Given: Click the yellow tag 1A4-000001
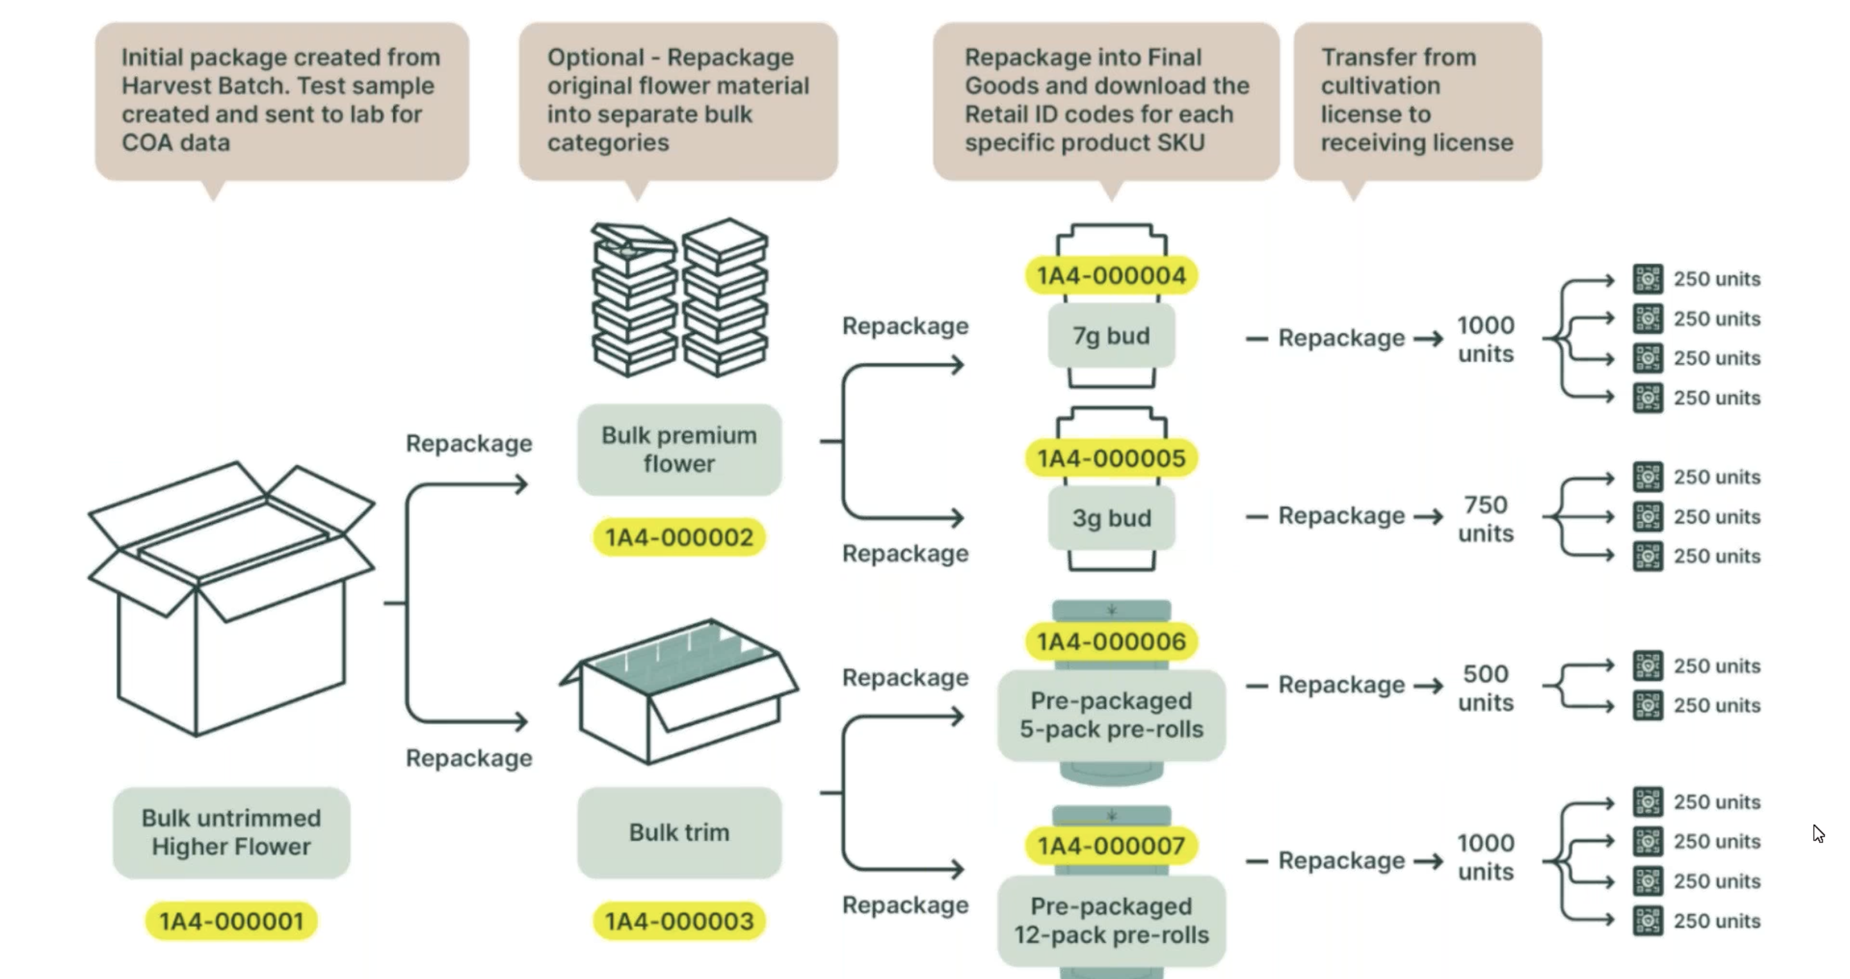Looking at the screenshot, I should pos(231,921).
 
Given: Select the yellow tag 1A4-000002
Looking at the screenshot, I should pos(679,537).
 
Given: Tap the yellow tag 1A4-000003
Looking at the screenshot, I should pos(679,921).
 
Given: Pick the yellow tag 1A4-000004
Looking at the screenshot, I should pos(1111,276).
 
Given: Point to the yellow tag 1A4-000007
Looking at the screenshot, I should pos(1111,846).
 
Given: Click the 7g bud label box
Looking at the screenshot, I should pos(1111,335).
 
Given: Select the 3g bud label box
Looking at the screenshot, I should pos(1111,518).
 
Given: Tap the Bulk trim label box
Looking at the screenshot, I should pos(679,833).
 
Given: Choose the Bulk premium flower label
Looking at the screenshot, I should pos(679,450).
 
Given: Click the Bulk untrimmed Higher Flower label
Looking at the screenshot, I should pos(231,833).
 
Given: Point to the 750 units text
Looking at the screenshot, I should pos(1485,518).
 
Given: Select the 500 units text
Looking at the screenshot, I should pos(1485,688).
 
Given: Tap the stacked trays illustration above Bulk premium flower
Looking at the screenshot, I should pos(680,298).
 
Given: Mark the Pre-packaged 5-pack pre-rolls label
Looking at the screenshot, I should pos(1111,715).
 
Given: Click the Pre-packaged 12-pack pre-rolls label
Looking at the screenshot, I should pos(1111,921).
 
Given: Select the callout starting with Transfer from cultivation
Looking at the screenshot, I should pos(1417,101).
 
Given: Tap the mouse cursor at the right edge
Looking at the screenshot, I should pos(1818,833).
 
